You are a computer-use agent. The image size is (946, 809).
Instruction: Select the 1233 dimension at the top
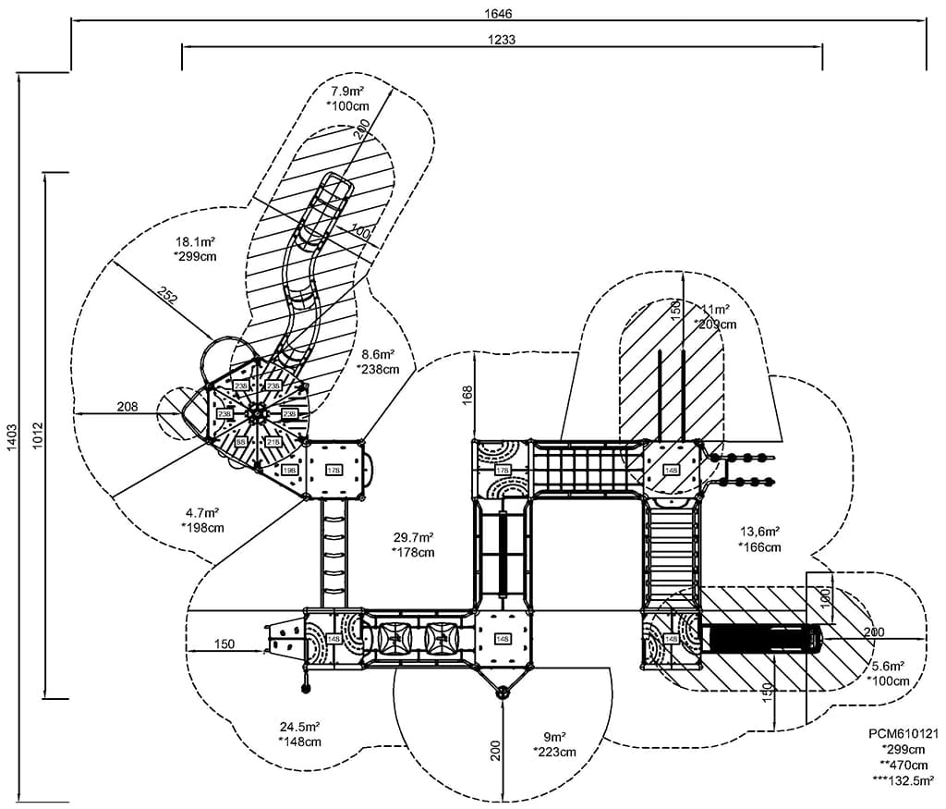pyautogui.click(x=502, y=39)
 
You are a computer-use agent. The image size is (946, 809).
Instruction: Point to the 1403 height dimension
pyautogui.click(x=11, y=443)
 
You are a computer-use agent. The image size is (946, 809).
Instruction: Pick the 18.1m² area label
pyautogui.click(x=195, y=241)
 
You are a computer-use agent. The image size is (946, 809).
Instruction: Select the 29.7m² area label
pyautogui.click(x=413, y=537)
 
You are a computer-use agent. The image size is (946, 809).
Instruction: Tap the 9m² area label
pyautogui.click(x=554, y=737)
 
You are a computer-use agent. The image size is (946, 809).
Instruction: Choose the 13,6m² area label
pyautogui.click(x=759, y=532)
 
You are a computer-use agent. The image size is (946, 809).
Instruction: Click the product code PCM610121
pyautogui.click(x=902, y=733)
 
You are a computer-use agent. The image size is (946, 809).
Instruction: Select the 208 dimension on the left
pyautogui.click(x=127, y=407)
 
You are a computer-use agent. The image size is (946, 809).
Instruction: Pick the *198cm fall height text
pyautogui.click(x=202, y=527)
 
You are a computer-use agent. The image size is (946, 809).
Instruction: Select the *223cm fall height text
pyautogui.click(x=554, y=752)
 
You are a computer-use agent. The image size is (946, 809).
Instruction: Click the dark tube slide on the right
pyautogui.click(x=761, y=639)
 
